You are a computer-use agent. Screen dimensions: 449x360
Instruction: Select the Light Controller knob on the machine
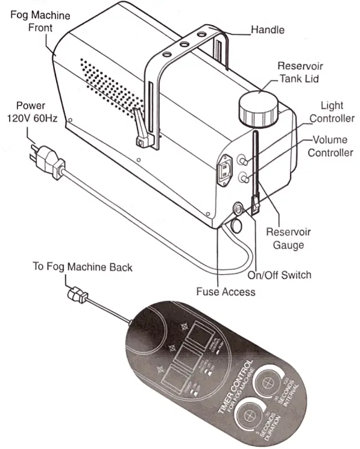244,161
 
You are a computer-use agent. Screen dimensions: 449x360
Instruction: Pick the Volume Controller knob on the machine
244,178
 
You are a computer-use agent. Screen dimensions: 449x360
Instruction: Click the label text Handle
267,29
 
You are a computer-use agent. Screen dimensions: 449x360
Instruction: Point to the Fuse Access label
226,292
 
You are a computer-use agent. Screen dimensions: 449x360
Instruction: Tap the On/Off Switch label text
280,275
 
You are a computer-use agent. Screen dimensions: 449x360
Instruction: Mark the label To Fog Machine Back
82,266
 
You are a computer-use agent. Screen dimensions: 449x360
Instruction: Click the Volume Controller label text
330,146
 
